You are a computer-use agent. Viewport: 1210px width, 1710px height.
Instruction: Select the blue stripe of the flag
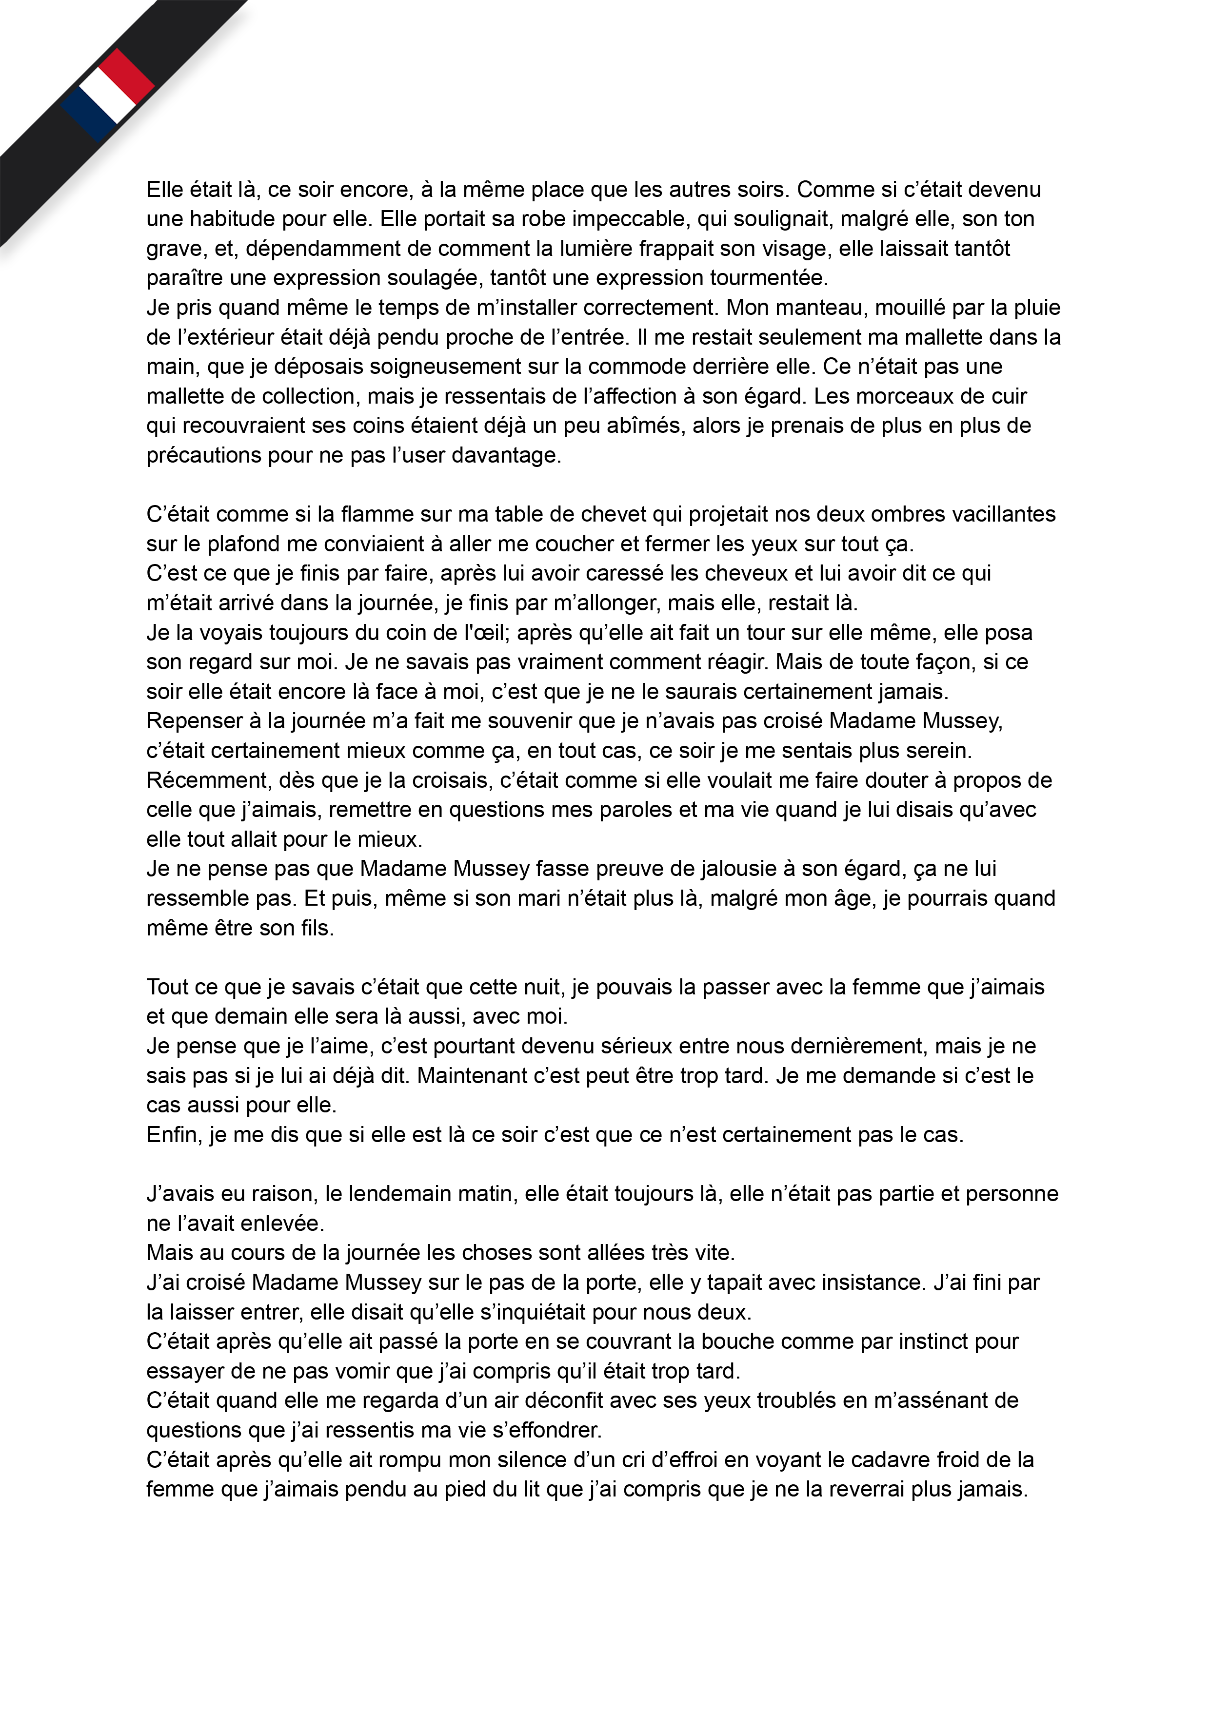[x=88, y=116]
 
